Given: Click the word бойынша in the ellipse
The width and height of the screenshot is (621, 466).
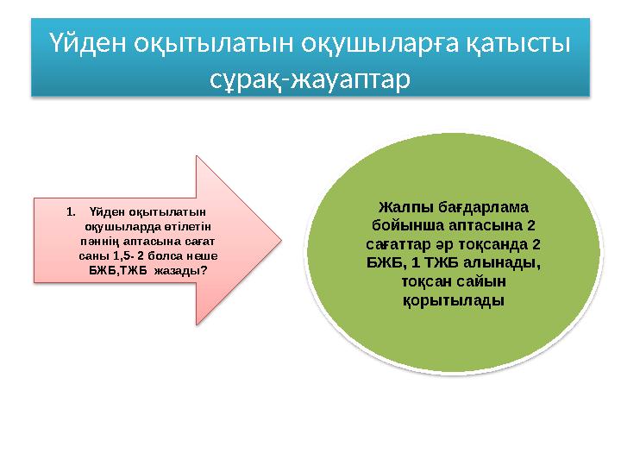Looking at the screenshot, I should pos(401,227).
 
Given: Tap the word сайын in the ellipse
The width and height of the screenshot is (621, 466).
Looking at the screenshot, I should pos(482,282).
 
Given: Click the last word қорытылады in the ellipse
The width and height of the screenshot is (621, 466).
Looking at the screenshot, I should pos(454,300).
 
